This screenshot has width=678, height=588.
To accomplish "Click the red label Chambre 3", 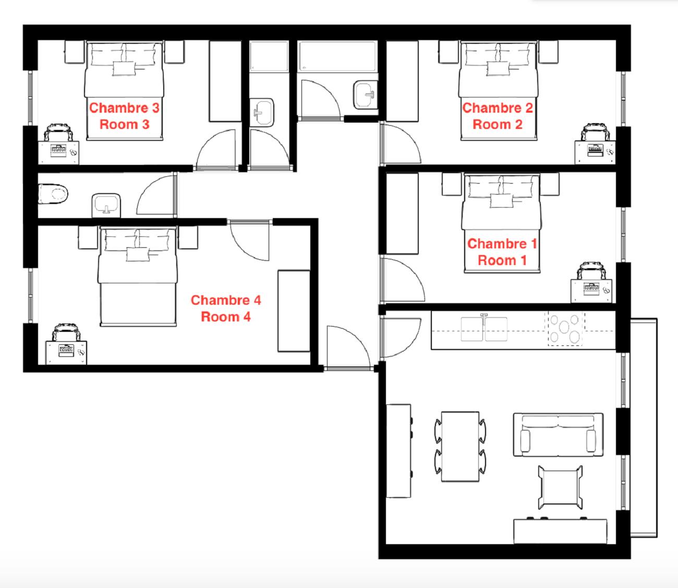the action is pos(124,107).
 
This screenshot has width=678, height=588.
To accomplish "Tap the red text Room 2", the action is pos(497,124).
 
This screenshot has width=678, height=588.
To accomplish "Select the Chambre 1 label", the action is pos(502,244).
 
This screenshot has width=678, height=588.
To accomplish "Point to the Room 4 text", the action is pos(226,317).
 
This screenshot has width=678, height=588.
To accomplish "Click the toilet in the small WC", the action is pos(53,194).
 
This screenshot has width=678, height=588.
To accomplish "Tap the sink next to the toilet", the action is pos(106,205).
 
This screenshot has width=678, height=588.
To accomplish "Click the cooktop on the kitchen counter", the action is pos(564,328).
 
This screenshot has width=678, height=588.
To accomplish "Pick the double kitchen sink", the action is pos(484,329).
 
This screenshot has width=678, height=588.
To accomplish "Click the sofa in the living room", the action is pos(558,435).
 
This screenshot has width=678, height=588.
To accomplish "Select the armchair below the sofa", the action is pos(560,487).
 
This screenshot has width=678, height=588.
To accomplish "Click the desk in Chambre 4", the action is pos(66,352).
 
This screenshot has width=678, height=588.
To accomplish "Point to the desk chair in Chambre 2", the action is pos(596,132).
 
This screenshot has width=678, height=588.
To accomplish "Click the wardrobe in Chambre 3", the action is pos(225,81).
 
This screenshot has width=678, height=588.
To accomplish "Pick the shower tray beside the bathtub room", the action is pos(269,56).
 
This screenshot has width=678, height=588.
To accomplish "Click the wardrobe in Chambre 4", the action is pos(294,311).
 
